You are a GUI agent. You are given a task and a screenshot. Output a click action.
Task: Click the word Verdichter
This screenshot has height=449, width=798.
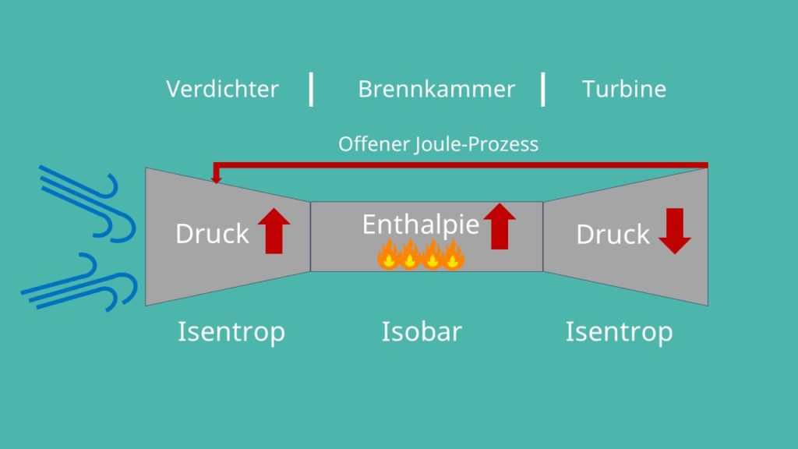[x=222, y=89]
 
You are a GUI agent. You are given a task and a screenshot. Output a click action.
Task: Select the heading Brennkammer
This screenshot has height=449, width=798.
[x=436, y=89]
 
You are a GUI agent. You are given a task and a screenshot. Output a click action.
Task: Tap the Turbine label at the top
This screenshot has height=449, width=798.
[x=624, y=89]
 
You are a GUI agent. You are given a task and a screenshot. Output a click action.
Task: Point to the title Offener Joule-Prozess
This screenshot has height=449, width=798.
[x=438, y=144]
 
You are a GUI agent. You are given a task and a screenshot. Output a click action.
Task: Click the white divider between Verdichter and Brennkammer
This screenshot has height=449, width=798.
[x=311, y=90]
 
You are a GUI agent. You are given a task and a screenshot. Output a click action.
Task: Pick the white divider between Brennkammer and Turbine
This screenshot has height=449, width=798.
[x=543, y=90]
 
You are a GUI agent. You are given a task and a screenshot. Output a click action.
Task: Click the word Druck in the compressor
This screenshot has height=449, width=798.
[x=212, y=234]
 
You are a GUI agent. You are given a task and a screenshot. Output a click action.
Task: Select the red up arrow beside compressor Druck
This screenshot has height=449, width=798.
[x=274, y=231]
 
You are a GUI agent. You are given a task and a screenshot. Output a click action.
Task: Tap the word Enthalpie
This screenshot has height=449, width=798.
[x=421, y=224]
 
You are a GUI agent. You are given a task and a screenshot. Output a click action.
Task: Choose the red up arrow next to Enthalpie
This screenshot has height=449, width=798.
[x=500, y=226]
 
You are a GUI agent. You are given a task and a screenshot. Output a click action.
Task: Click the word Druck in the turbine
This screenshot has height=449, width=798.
[x=613, y=234]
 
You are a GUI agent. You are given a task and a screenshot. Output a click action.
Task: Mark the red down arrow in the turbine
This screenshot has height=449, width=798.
[x=675, y=231]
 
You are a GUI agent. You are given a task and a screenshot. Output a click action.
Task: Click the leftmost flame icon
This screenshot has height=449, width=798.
[x=388, y=254]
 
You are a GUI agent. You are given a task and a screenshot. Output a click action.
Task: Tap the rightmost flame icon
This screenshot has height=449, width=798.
[x=453, y=255]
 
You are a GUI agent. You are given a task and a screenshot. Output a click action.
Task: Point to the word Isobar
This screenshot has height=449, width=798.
[x=422, y=331]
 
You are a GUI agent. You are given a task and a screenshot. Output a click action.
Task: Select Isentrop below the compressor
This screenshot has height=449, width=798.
[x=231, y=332]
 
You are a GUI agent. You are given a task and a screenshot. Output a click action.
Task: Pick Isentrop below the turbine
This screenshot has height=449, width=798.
[x=620, y=332]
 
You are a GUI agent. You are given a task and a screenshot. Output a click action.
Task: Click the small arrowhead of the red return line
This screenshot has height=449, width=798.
[x=217, y=179]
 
